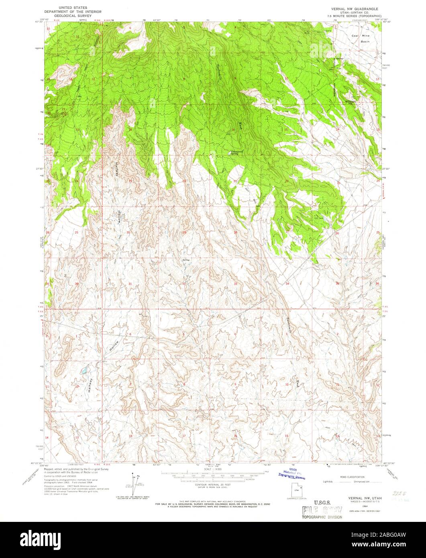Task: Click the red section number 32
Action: tap(183, 284)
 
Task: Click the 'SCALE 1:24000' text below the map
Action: tap(213, 469)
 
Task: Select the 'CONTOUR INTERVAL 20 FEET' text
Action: tap(213, 485)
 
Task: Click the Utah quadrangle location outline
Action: tap(296, 490)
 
